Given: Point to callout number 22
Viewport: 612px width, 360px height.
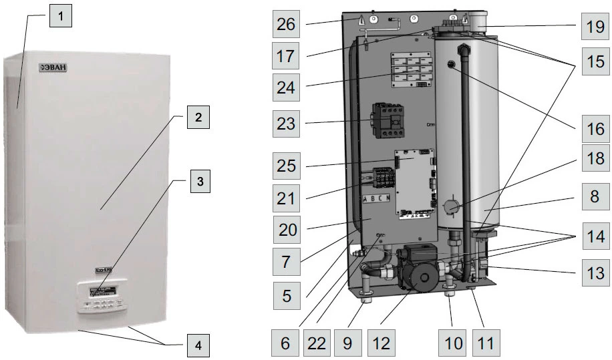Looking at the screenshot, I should [x=318, y=344].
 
